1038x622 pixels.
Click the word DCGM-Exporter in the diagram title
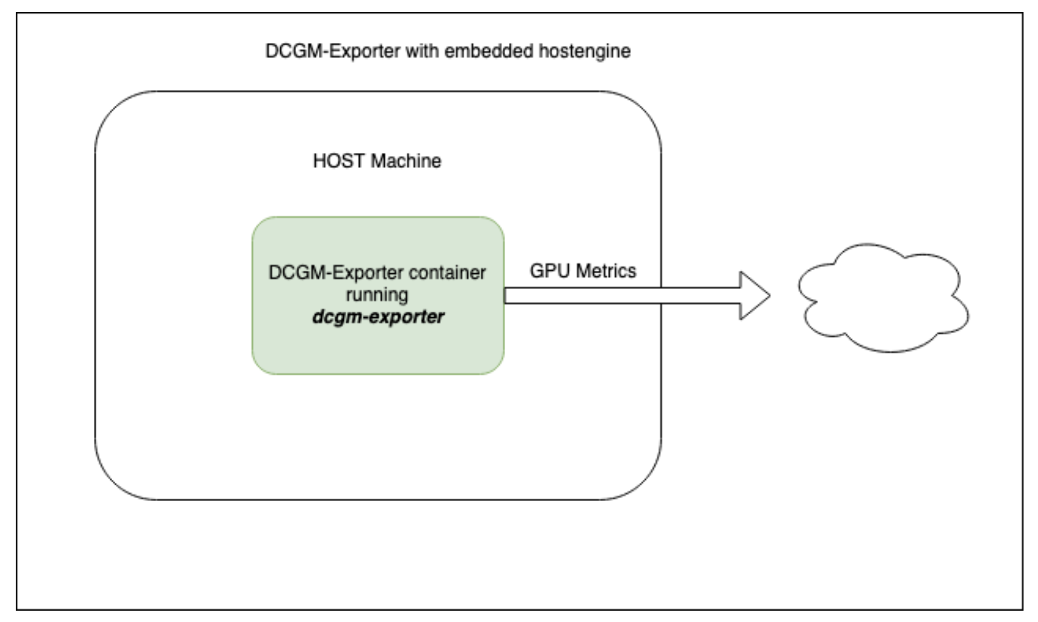[333, 51]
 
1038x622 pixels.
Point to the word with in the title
[422, 51]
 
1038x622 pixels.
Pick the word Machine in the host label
[406, 161]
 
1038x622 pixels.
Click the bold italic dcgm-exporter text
[378, 317]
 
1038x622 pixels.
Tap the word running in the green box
[377, 295]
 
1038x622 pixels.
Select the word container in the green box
[447, 273]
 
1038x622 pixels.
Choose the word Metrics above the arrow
[606, 271]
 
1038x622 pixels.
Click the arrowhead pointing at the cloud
[755, 295]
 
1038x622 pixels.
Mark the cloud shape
[883, 298]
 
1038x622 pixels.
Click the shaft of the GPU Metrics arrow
[622, 295]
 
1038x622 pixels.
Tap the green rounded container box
[378, 295]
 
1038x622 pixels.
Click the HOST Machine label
[377, 161]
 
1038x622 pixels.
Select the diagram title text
[448, 52]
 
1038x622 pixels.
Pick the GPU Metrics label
[583, 271]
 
